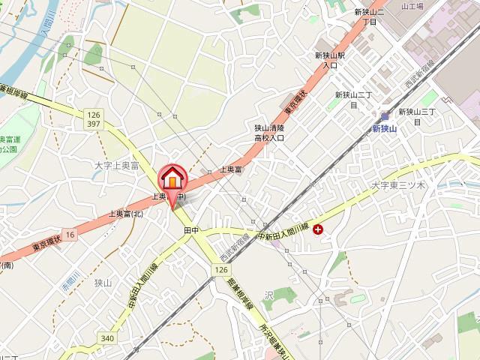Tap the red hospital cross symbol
318,230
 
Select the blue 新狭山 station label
384,128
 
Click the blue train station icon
385,116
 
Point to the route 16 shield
70,235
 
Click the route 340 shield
108,317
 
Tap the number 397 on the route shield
94,123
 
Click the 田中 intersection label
190,231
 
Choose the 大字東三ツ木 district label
398,184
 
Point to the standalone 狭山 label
103,282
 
